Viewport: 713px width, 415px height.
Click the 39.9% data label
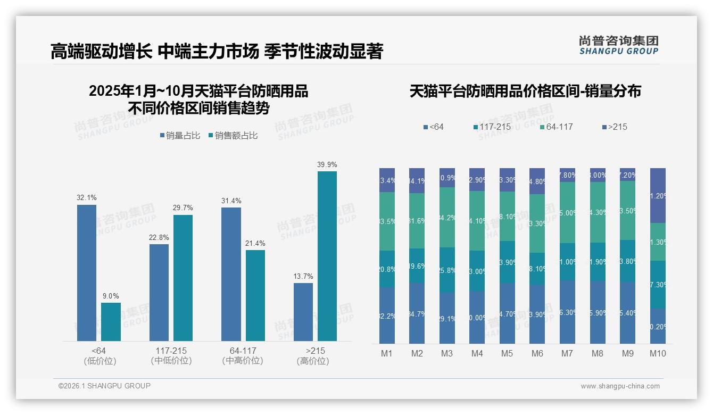click(x=327, y=165)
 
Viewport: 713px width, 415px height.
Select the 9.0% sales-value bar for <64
click(x=111, y=321)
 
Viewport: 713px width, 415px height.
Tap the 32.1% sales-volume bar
click(x=87, y=272)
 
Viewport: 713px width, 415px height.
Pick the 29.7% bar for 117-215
click(x=183, y=278)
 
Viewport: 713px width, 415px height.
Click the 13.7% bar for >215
click(x=303, y=312)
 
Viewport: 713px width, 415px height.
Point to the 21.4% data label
click(x=255, y=243)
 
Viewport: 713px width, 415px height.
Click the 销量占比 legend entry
click(x=180, y=136)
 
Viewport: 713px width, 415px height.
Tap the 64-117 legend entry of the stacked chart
click(x=556, y=127)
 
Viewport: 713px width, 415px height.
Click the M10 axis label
click(x=658, y=353)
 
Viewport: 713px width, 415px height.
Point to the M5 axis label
click(x=507, y=353)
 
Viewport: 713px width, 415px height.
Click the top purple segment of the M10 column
click(x=658, y=195)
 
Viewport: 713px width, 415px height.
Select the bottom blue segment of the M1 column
click(x=387, y=316)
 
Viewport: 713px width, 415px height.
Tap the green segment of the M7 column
click(x=568, y=213)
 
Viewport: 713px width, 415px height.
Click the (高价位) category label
click(x=313, y=361)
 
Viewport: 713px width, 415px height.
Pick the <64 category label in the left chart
click(x=99, y=351)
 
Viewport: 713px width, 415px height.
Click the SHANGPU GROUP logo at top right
click(x=619, y=45)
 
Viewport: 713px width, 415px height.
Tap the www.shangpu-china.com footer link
click(x=620, y=386)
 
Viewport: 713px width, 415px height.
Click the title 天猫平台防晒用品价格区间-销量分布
click(x=525, y=91)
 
